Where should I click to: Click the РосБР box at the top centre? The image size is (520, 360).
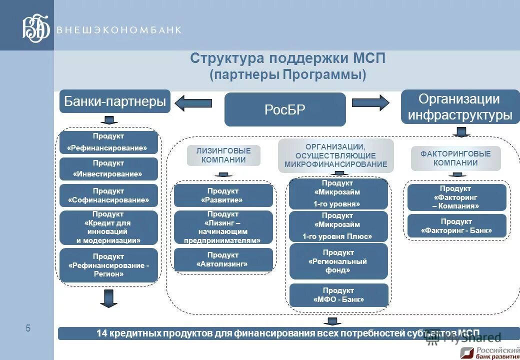coord(285,109)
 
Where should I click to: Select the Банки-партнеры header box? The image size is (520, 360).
coord(115,101)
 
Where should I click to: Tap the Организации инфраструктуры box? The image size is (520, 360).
coord(460,107)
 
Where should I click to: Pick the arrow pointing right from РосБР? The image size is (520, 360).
coord(370,102)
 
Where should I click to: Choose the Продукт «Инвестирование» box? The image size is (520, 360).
coord(108,169)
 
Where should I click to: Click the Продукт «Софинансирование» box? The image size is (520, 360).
coord(108,195)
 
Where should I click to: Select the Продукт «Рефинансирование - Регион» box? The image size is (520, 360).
coord(108,265)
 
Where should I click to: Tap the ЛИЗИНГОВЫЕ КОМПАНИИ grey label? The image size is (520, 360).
coord(223,155)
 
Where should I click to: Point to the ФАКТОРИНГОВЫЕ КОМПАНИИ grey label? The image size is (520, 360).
coord(455,158)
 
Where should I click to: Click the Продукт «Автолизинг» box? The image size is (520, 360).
coord(223,259)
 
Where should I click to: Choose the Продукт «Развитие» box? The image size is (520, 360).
coord(223,195)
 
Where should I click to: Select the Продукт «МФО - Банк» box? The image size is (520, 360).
coord(338,295)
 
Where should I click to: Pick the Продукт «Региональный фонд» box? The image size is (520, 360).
coord(338,261)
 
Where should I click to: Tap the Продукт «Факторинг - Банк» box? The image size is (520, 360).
coord(456,226)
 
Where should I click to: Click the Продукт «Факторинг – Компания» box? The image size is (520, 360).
coord(456,197)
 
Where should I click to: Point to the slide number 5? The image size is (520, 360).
coord(28,328)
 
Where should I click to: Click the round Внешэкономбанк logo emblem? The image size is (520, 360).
coord(36,28)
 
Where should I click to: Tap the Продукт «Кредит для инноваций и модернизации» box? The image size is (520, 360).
coord(108,227)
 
